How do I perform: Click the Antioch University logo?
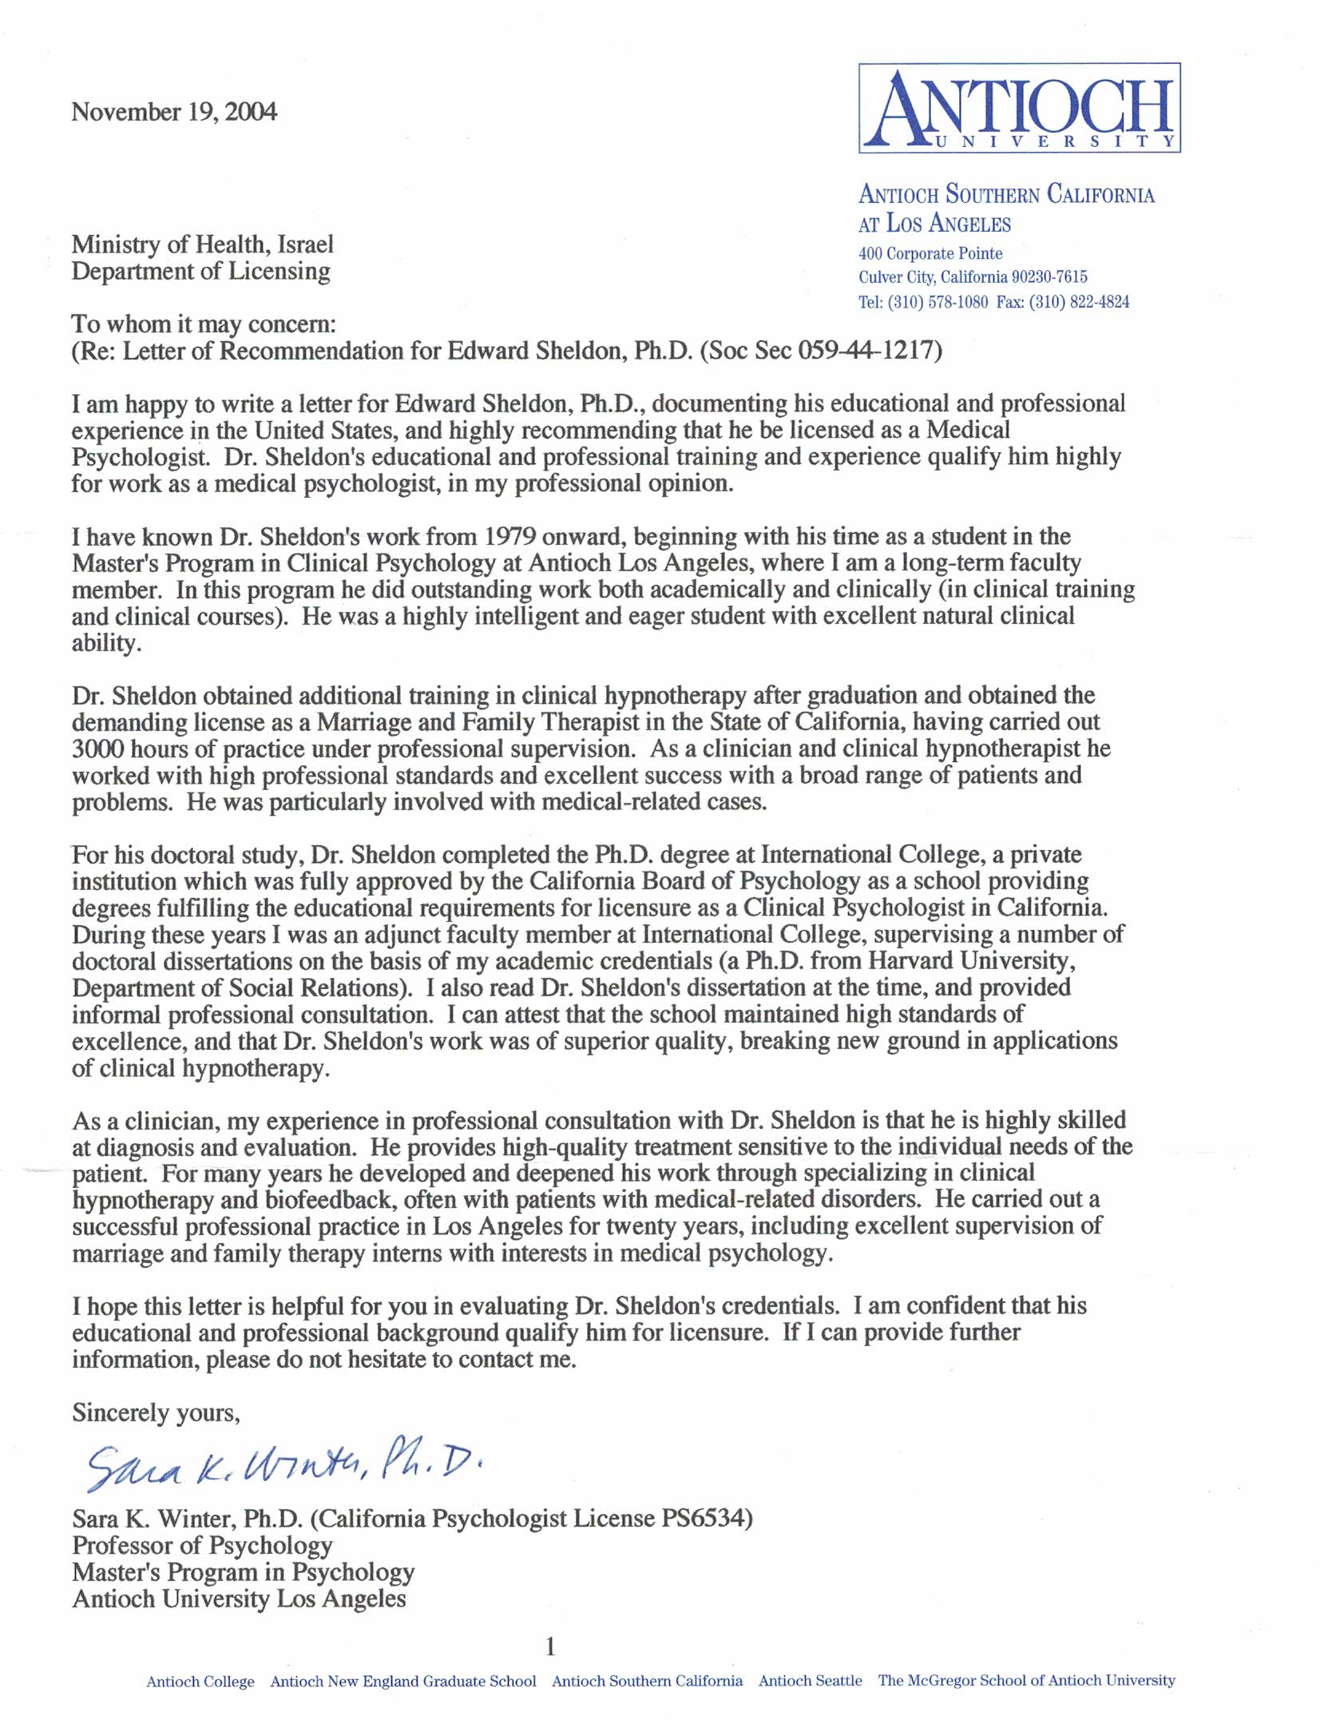point(1019,108)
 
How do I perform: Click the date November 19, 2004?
point(174,112)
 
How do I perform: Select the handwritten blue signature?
point(283,1465)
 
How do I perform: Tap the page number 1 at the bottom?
point(549,1646)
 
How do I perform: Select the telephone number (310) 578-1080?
point(937,302)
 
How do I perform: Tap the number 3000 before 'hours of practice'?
point(97,749)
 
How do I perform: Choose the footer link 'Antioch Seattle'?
point(810,1681)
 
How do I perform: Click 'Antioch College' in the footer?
point(200,1682)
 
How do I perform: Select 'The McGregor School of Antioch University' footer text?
point(1026,1680)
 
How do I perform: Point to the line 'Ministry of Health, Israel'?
point(202,244)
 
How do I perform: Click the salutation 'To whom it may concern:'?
point(204,324)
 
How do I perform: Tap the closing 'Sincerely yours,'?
point(156,1412)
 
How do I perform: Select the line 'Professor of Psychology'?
point(202,1545)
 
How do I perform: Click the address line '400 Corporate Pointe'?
point(930,253)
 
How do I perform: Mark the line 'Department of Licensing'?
point(200,272)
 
